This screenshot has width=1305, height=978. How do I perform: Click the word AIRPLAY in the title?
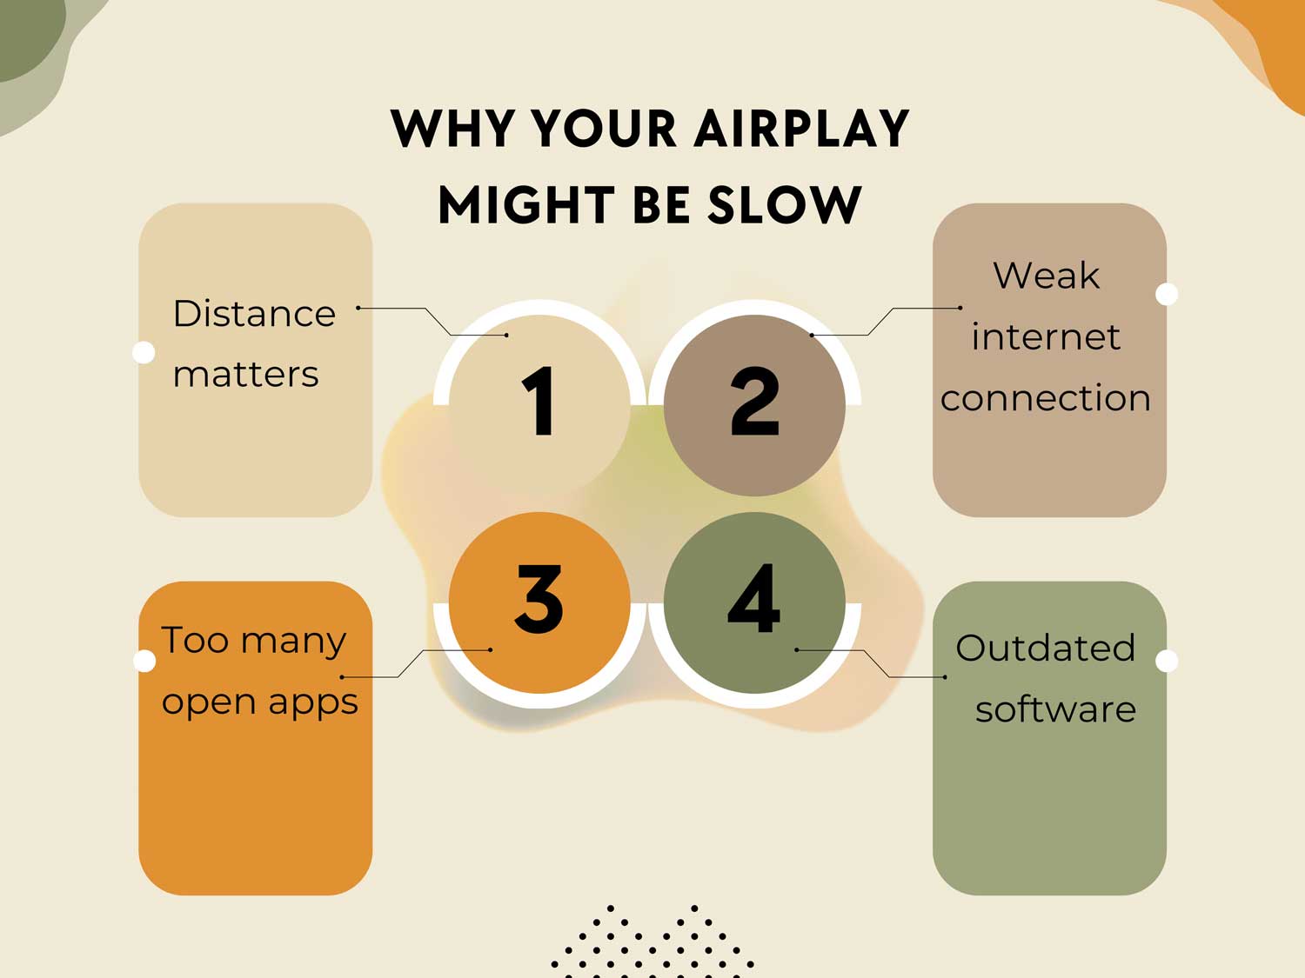pos(801,130)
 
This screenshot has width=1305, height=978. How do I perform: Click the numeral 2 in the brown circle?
pos(754,401)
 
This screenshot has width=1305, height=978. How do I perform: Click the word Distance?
pos(254,314)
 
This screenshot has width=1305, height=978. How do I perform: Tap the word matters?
pos(245,375)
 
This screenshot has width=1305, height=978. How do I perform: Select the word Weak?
pos(1047,276)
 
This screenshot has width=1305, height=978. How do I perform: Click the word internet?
pos(1046,337)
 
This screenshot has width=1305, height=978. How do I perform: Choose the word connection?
pos(1046,398)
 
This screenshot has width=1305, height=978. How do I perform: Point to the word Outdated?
pos(1045,649)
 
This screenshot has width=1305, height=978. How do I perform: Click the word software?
pos(1055,709)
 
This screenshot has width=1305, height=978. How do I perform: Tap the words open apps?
pos(259,702)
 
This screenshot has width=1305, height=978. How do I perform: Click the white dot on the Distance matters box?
pos(144,352)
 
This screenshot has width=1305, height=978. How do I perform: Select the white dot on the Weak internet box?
pos(1167,294)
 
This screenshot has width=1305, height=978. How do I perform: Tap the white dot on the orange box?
pos(145,661)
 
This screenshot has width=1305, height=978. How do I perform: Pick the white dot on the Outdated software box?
pos(1167,661)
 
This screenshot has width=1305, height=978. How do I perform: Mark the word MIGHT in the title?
pos(526,206)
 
